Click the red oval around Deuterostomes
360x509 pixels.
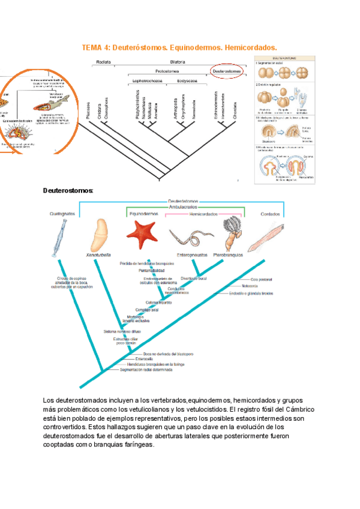pyautogui.click(x=226, y=71)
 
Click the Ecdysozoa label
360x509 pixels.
pyautogui.click(x=188, y=80)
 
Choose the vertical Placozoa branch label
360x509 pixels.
pyautogui.click(x=88, y=111)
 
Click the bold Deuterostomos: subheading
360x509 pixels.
pyautogui.click(x=68, y=190)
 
